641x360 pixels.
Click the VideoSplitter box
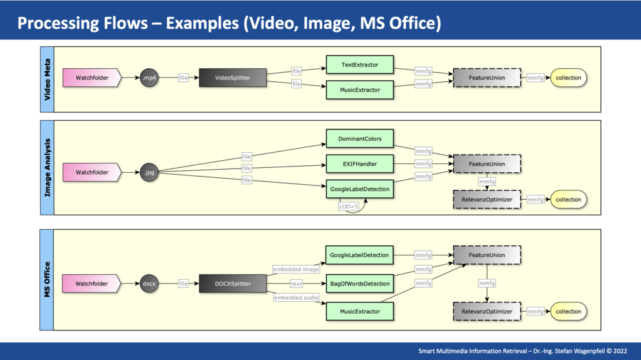(x=233, y=78)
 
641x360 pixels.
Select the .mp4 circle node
(x=149, y=78)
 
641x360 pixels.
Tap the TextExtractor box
(x=360, y=64)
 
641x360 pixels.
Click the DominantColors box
(x=360, y=139)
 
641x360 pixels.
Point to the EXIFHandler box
(x=360, y=164)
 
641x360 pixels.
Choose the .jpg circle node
(x=149, y=172)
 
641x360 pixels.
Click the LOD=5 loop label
(x=348, y=207)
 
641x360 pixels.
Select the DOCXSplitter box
(x=233, y=284)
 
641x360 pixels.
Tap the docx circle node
(x=149, y=284)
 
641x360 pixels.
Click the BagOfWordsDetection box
(x=360, y=284)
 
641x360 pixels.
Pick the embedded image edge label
(x=296, y=269)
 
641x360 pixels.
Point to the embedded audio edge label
(x=296, y=297)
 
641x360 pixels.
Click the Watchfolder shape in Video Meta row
(x=92, y=78)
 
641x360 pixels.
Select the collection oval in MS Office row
(x=568, y=311)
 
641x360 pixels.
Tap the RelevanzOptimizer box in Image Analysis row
(x=487, y=200)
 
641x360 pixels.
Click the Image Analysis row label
(x=48, y=168)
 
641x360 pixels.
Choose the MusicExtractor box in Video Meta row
(x=360, y=90)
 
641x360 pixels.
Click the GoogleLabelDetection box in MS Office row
(x=359, y=255)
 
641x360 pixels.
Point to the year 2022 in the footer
(x=620, y=351)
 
